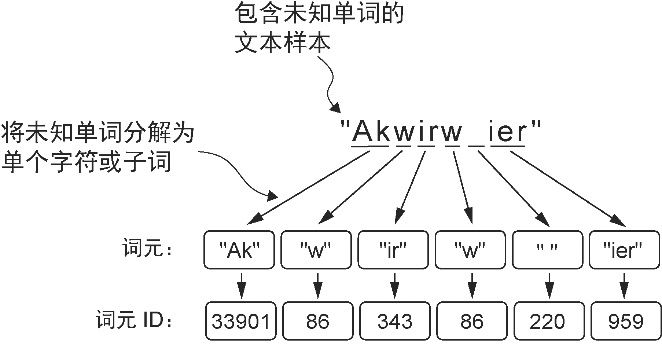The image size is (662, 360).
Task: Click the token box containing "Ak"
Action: pos(239,248)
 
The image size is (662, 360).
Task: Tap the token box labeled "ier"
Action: pos(624,248)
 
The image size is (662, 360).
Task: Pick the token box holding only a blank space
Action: pos(547,248)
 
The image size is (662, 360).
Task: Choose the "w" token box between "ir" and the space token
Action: pos(470,248)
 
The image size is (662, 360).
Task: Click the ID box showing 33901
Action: pos(239,321)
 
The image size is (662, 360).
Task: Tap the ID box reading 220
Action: pos(547,321)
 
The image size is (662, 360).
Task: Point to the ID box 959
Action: pos(624,321)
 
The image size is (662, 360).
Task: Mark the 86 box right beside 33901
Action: pos(316,321)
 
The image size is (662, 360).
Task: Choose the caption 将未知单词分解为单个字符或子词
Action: pos(97,146)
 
